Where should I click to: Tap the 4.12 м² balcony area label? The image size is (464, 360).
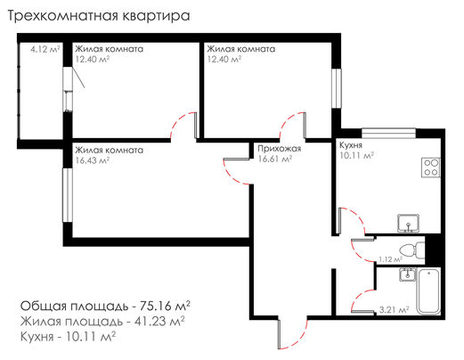tap(45, 49)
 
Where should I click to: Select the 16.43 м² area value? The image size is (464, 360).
tap(93, 160)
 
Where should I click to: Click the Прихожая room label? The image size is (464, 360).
tap(280, 149)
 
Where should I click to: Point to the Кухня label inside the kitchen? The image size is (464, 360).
tap(351, 145)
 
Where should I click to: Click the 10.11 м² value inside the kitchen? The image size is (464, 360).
tap(356, 155)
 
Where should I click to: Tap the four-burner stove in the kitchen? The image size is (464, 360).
tap(431, 168)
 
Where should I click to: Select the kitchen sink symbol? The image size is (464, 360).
tap(409, 223)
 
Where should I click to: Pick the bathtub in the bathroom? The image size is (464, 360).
tap(429, 290)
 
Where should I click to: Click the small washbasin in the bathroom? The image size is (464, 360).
tap(407, 274)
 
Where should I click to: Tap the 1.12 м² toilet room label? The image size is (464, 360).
tap(390, 259)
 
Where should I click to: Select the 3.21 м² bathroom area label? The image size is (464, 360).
tap(395, 310)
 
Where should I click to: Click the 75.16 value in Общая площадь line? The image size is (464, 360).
tap(156, 306)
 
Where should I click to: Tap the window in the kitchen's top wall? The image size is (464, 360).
tap(388, 133)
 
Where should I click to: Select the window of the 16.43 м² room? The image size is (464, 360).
tap(68, 195)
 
